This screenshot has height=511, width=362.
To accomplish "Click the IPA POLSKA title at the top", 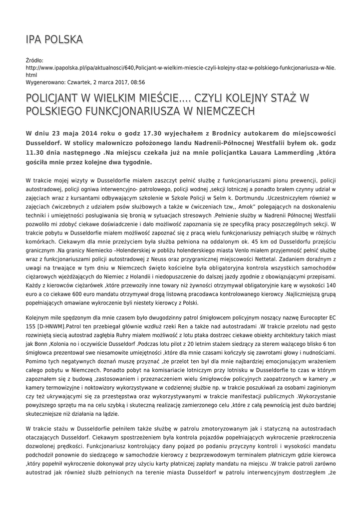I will click(54, 39).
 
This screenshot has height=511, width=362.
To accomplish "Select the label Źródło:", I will click(34, 60).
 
